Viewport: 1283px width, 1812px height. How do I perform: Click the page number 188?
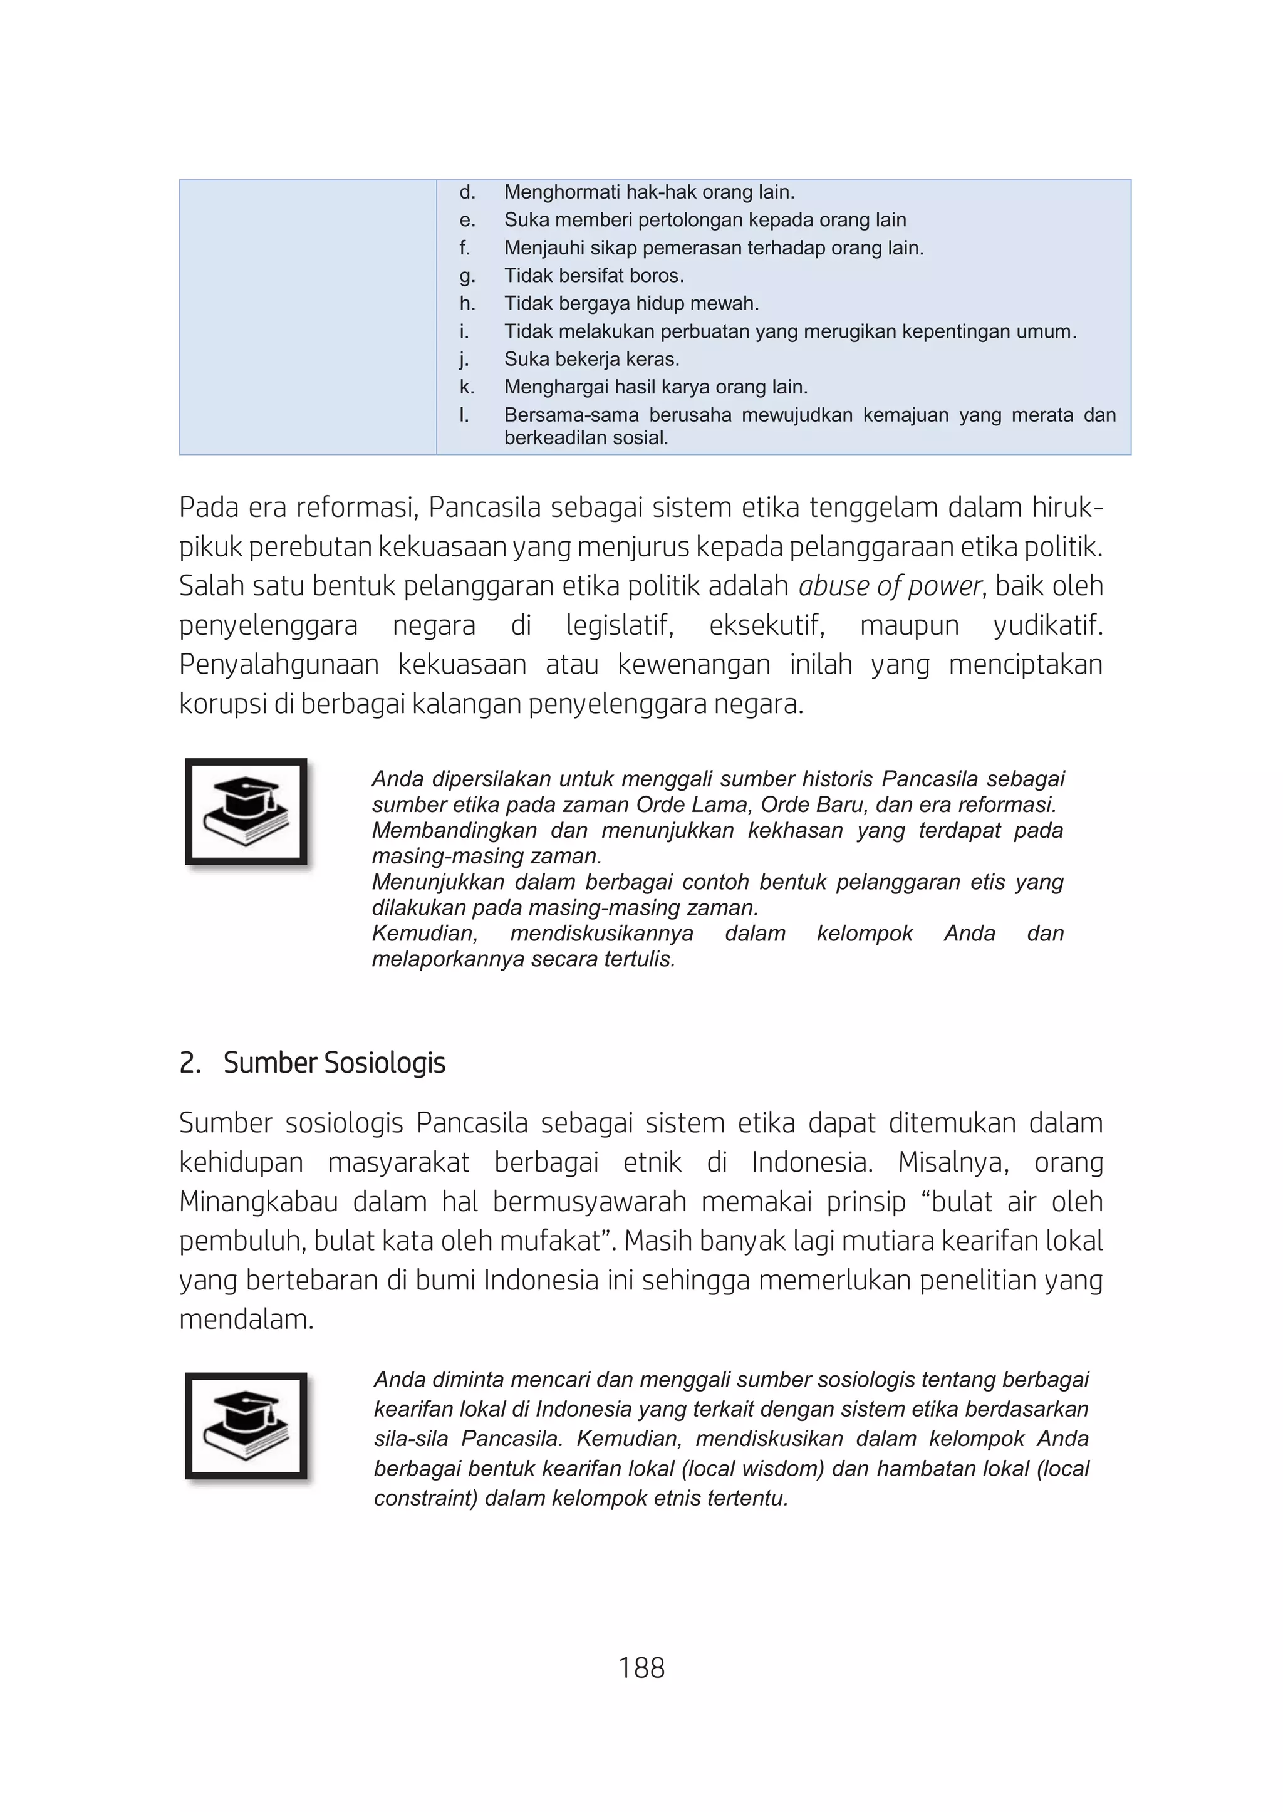pyautogui.click(x=641, y=1667)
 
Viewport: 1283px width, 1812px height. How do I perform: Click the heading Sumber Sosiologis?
pyautogui.click(x=333, y=1063)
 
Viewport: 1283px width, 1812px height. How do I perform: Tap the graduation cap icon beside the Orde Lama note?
pyautogui.click(x=246, y=811)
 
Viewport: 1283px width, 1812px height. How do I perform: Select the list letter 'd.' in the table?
pyautogui.click(x=467, y=192)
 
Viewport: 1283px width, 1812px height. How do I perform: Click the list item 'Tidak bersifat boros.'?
pyautogui.click(x=594, y=276)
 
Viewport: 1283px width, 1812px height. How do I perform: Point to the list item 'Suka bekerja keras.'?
pyautogui.click(x=592, y=360)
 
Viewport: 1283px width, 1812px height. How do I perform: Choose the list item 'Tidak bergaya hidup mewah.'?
pyautogui.click(x=631, y=303)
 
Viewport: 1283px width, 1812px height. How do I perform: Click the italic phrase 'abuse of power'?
pyautogui.click(x=890, y=586)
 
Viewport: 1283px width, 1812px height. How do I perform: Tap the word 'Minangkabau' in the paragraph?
pyautogui.click(x=257, y=1202)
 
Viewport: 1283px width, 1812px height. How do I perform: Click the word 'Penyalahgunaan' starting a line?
pyautogui.click(x=279, y=665)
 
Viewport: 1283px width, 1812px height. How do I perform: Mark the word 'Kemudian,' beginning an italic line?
pyautogui.click(x=424, y=934)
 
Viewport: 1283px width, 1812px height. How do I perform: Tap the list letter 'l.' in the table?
pyautogui.click(x=465, y=415)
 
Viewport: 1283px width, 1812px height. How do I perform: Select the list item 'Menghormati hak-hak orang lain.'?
pyautogui.click(x=650, y=192)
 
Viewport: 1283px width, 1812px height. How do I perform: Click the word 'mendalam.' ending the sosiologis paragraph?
pyautogui.click(x=246, y=1320)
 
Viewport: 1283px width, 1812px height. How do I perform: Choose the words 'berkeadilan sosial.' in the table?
pyautogui.click(x=586, y=438)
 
